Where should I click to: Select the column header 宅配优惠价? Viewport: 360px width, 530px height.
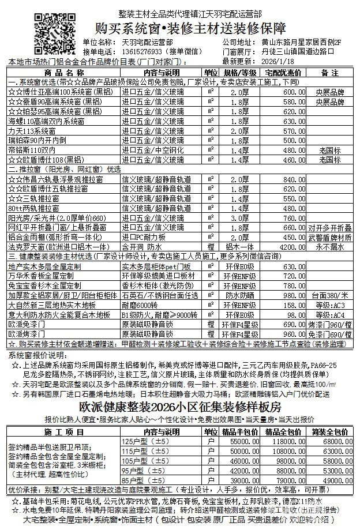pyautogui.click(x=283, y=73)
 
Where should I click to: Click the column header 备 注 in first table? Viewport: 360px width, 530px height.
pyautogui.click(x=329, y=73)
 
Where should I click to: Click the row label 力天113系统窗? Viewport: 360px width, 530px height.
pyautogui.click(x=35, y=131)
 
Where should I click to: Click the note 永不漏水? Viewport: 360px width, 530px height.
pyautogui.click(x=329, y=246)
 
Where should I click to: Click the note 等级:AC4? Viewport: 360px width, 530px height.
pyautogui.click(x=329, y=315)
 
